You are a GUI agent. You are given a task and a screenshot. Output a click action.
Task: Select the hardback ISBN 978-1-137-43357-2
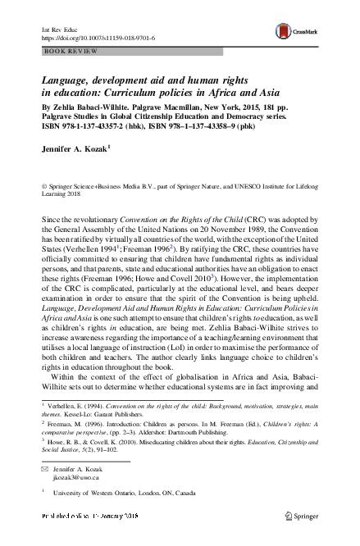coord(105,126)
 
